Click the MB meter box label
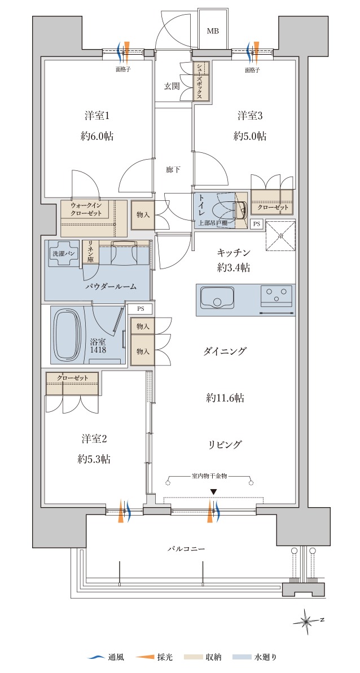213,31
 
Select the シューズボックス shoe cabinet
201,81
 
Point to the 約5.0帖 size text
250,137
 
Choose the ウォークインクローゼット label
86,209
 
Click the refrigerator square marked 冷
280,236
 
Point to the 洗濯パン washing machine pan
64,254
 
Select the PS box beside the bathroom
141,308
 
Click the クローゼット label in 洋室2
73,378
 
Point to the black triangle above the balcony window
213,492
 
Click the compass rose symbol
307,620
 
